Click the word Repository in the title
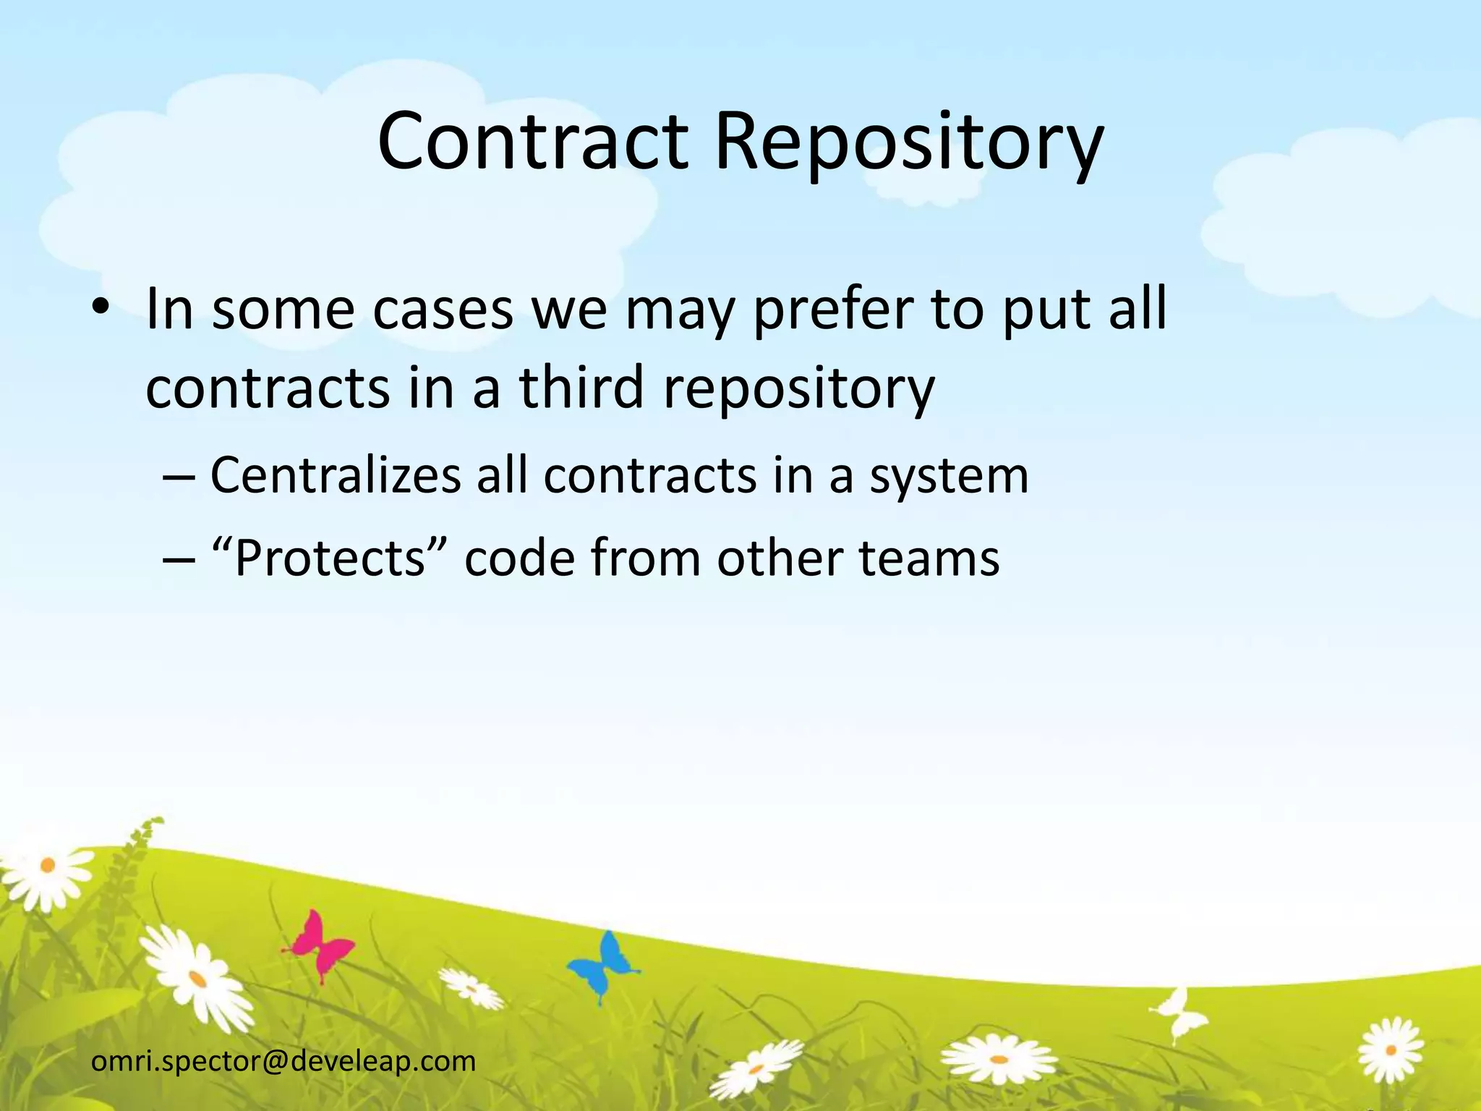(x=908, y=145)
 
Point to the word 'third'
(x=581, y=386)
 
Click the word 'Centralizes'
(x=335, y=475)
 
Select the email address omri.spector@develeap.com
(x=283, y=1060)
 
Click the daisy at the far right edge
(x=1389, y=1049)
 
